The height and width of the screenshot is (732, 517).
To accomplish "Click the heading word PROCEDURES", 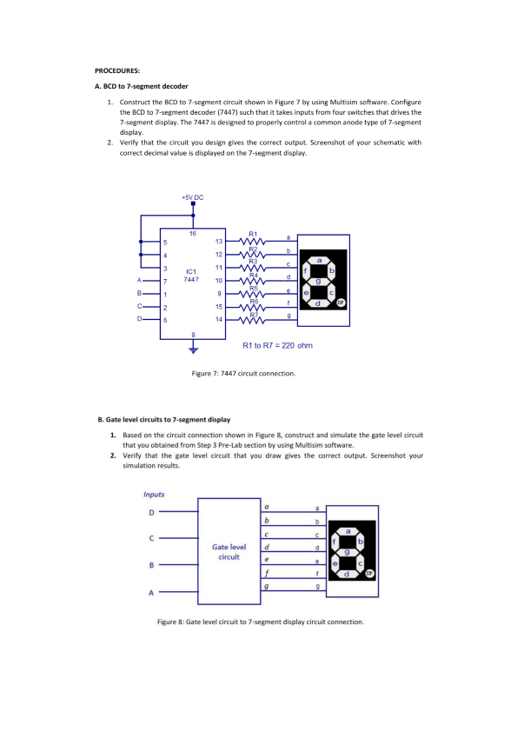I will click(x=117, y=69).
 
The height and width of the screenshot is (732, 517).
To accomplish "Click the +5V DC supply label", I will click(x=193, y=197).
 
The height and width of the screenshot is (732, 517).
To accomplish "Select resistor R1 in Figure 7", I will click(x=254, y=239).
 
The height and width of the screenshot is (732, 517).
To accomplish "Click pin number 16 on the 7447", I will click(x=192, y=234).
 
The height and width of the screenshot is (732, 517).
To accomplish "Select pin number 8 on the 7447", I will click(x=192, y=335).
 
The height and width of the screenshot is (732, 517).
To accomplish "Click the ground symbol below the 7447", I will click(x=192, y=352).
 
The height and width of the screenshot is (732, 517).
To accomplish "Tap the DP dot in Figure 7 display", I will click(x=341, y=303).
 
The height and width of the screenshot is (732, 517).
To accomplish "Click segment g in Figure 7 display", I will click(x=319, y=281).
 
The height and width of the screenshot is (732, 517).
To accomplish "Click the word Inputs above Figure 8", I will click(x=154, y=495).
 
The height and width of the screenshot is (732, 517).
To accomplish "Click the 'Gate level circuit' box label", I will click(x=229, y=551).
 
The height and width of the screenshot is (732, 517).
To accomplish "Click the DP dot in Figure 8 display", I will click(x=368, y=574).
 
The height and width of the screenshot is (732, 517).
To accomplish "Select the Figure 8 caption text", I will click(x=260, y=622).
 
